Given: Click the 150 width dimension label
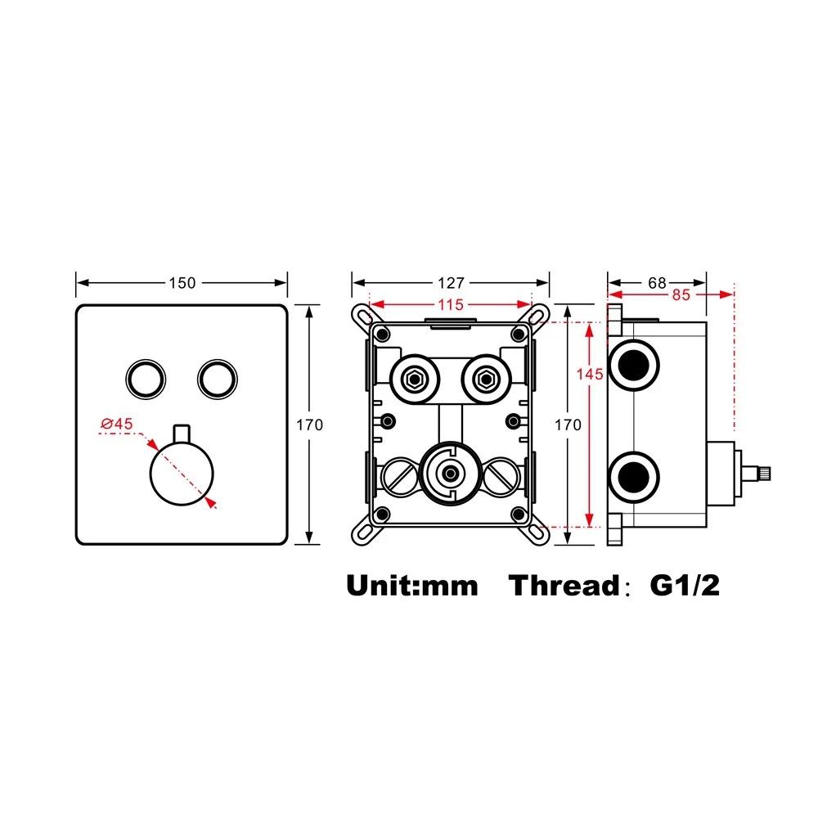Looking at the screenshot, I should pos(182,283).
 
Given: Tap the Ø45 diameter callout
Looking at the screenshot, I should pos(117,424).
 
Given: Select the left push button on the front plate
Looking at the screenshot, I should pos(146,377).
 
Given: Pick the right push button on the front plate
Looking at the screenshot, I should pos(217,377).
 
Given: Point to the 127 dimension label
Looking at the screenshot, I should pos(450,283).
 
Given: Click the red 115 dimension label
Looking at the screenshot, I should pos(450,304).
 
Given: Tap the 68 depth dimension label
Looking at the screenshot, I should pos(657,283).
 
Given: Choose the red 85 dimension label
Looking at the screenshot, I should pos(681,295).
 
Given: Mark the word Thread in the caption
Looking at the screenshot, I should pos(564,586).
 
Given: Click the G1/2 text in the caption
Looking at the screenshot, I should pos(685,586).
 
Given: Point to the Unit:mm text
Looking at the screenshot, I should pos(411,586).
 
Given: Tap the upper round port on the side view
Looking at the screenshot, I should pos(635,362).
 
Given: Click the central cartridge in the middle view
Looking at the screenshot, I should pos(448,473).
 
